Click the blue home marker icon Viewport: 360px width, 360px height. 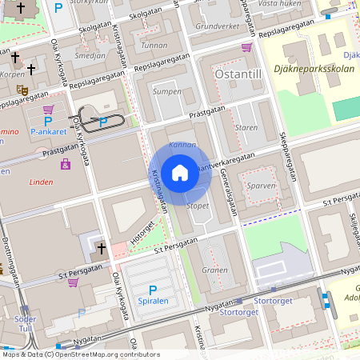180,173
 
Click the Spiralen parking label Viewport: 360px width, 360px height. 153,302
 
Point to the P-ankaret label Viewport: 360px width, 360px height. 48,131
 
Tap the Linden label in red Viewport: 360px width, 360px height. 40,182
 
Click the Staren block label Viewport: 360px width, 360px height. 246,127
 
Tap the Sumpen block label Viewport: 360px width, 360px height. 166,92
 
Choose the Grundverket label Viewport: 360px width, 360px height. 218,26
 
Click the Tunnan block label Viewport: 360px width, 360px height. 154,46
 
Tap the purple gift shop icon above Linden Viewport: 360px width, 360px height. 65,164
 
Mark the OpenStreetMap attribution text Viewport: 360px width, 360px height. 80,354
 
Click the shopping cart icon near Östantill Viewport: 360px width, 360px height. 246,47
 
